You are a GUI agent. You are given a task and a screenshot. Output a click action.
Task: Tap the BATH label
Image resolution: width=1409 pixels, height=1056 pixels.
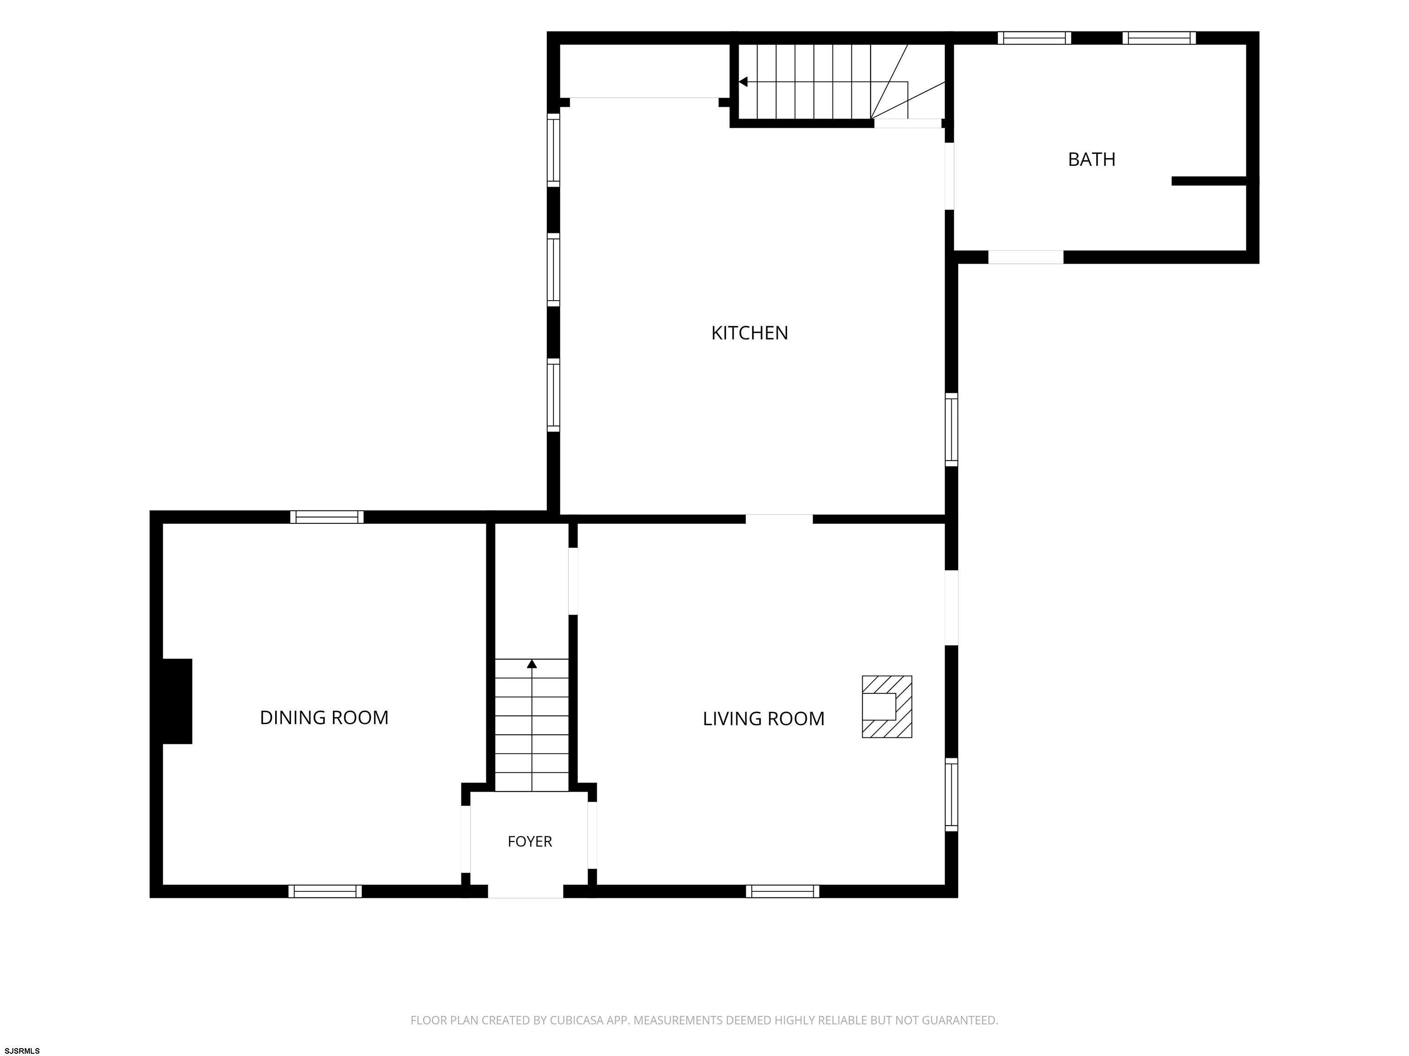pyautogui.click(x=1091, y=159)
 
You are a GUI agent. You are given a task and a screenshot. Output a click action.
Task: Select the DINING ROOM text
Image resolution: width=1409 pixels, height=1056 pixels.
pyautogui.click(x=324, y=717)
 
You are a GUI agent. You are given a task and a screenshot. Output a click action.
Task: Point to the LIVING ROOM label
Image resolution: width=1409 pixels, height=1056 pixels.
pyautogui.click(x=763, y=719)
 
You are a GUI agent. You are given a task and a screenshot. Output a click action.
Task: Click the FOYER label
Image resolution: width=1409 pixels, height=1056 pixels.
pyautogui.click(x=529, y=841)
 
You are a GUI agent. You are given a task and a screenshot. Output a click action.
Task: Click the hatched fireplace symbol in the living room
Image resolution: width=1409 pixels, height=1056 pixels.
pyautogui.click(x=887, y=707)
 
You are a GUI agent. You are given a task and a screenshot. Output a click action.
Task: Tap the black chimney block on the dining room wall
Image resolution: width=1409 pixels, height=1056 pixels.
pyautogui.click(x=177, y=701)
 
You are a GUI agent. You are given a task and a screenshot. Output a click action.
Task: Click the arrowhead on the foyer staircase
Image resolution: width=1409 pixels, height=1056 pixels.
pyautogui.click(x=532, y=664)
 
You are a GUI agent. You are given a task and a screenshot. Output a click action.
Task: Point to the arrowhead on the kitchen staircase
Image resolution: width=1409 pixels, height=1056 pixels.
pyautogui.click(x=743, y=82)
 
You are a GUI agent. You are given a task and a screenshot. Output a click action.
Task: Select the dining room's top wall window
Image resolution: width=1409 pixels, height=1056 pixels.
pyautogui.click(x=327, y=517)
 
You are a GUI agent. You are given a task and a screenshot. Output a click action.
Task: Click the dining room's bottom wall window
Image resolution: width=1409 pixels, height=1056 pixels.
pyautogui.click(x=325, y=891)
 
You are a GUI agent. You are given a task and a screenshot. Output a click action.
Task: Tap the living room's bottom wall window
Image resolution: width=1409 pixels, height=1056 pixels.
pyautogui.click(x=783, y=891)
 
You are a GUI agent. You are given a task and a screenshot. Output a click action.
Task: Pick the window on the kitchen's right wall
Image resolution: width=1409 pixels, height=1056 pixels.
pyautogui.click(x=951, y=429)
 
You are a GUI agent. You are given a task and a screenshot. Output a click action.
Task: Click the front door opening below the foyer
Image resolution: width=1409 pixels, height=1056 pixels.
pyautogui.click(x=526, y=891)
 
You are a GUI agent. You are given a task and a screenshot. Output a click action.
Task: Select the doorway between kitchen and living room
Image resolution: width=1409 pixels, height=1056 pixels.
pyautogui.click(x=779, y=519)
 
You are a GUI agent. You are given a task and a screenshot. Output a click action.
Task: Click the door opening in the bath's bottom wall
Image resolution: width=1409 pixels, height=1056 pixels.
pyautogui.click(x=1026, y=257)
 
